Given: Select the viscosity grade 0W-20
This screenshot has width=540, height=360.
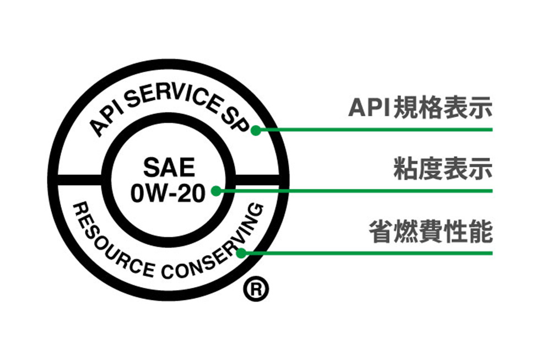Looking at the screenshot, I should pyautogui.click(x=168, y=193).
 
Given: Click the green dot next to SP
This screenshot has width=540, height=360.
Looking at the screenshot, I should pyautogui.click(x=255, y=131).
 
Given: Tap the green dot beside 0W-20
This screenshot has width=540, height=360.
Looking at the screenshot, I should pyautogui.click(x=216, y=191).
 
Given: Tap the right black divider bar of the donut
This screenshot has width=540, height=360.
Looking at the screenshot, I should pyautogui.click(x=259, y=180).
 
